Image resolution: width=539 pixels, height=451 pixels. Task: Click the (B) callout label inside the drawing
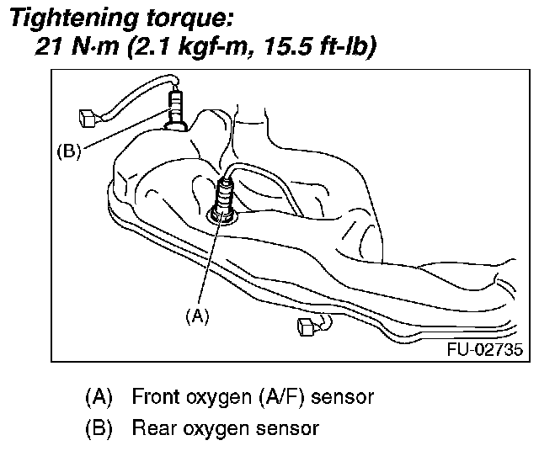[67, 151]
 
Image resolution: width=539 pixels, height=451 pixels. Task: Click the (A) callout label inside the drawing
[195, 316]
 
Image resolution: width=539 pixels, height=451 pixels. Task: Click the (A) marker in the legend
[99, 395]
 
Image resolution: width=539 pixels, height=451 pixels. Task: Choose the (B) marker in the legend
[99, 428]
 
